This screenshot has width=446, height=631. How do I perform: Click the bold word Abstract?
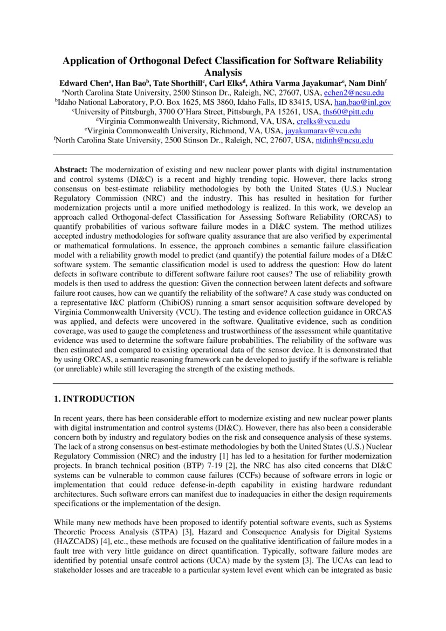[x=71, y=169]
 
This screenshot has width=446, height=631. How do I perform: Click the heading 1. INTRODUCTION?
[x=94, y=399]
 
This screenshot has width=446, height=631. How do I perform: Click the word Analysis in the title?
[x=222, y=72]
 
